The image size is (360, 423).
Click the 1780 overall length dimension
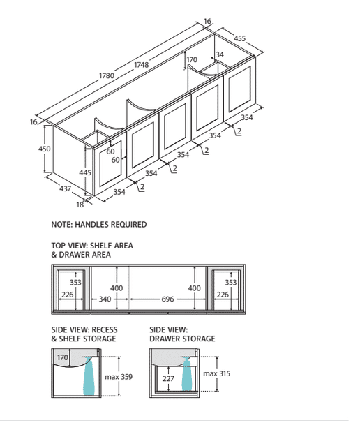click(107, 75)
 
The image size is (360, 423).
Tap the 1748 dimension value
click(142, 65)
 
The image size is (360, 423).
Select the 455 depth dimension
click(239, 38)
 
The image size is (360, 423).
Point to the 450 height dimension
click(45, 149)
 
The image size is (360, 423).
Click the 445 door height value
click(85, 172)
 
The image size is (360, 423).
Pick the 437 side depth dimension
click(65, 188)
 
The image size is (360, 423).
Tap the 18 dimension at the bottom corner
click(80, 205)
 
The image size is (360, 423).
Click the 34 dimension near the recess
click(220, 54)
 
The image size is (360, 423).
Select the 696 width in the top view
click(167, 299)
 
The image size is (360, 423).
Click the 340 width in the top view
click(105, 299)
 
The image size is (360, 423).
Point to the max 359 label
click(119, 377)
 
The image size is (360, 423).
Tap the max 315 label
click(216, 373)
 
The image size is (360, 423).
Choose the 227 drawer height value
click(168, 379)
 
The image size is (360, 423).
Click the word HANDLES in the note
click(90, 225)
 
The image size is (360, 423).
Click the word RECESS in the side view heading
click(105, 329)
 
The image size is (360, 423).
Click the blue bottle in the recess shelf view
click(89, 376)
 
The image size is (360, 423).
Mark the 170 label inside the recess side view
click(62, 357)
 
